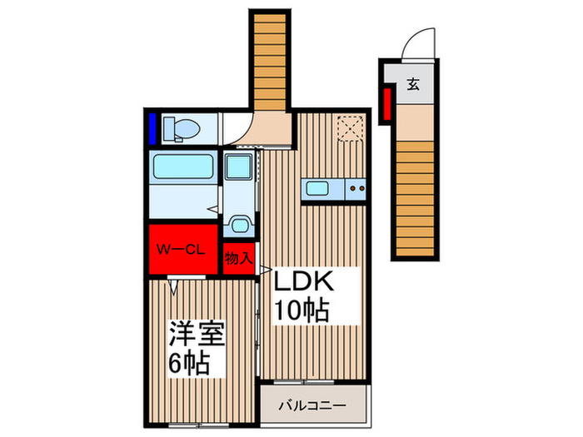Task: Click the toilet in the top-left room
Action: click(182, 128)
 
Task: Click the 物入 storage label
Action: click(239, 259)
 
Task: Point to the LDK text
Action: click(306, 281)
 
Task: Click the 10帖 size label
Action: click(302, 311)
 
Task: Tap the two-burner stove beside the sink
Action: click(356, 188)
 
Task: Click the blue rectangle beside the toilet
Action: click(154, 128)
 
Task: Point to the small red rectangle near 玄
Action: click(386, 104)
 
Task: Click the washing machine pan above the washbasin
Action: click(240, 170)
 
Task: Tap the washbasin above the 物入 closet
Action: click(240, 225)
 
